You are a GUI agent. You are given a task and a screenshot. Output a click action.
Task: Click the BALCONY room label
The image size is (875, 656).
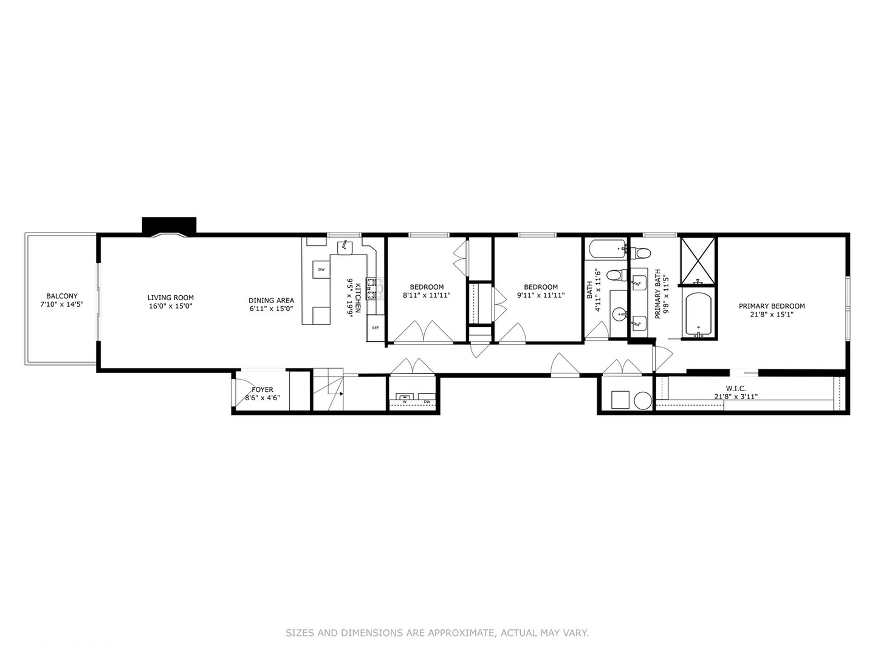(62, 296)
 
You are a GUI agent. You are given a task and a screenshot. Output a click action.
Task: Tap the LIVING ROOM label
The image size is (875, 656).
(171, 298)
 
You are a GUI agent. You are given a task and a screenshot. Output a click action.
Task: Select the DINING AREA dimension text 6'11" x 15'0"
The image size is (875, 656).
(271, 309)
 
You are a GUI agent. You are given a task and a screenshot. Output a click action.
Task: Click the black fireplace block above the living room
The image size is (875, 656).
(169, 224)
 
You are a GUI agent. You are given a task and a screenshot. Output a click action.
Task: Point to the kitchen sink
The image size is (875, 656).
(345, 247)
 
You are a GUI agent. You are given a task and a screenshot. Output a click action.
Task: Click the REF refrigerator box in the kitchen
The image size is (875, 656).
(376, 328)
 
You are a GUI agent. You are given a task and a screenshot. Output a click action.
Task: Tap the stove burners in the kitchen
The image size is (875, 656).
(374, 289)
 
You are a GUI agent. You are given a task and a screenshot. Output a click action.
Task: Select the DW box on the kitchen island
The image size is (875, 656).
(321, 269)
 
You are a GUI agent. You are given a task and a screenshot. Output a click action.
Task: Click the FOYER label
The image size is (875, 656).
(262, 389)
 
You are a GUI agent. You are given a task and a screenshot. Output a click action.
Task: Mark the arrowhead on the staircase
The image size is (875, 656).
(341, 394)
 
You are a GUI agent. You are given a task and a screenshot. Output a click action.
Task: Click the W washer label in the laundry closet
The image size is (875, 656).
(404, 401)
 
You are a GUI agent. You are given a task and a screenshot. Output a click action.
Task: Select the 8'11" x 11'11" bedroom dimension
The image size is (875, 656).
(427, 296)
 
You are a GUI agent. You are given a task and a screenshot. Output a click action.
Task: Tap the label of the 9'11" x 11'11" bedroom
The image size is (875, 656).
(541, 287)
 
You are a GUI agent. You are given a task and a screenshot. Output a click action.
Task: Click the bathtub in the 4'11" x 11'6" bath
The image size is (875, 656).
(606, 248)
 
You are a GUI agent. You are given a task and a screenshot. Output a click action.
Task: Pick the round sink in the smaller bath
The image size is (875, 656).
(619, 315)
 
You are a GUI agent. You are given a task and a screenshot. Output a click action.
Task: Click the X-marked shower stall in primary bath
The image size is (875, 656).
(698, 260)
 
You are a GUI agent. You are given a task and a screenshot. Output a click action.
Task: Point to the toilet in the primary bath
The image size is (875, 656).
(642, 252)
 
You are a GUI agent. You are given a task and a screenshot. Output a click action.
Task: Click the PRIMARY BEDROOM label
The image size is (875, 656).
(772, 306)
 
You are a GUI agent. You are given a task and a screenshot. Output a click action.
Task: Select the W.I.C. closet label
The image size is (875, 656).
(735, 389)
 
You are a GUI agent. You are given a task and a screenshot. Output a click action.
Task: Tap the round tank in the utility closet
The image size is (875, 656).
(642, 400)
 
